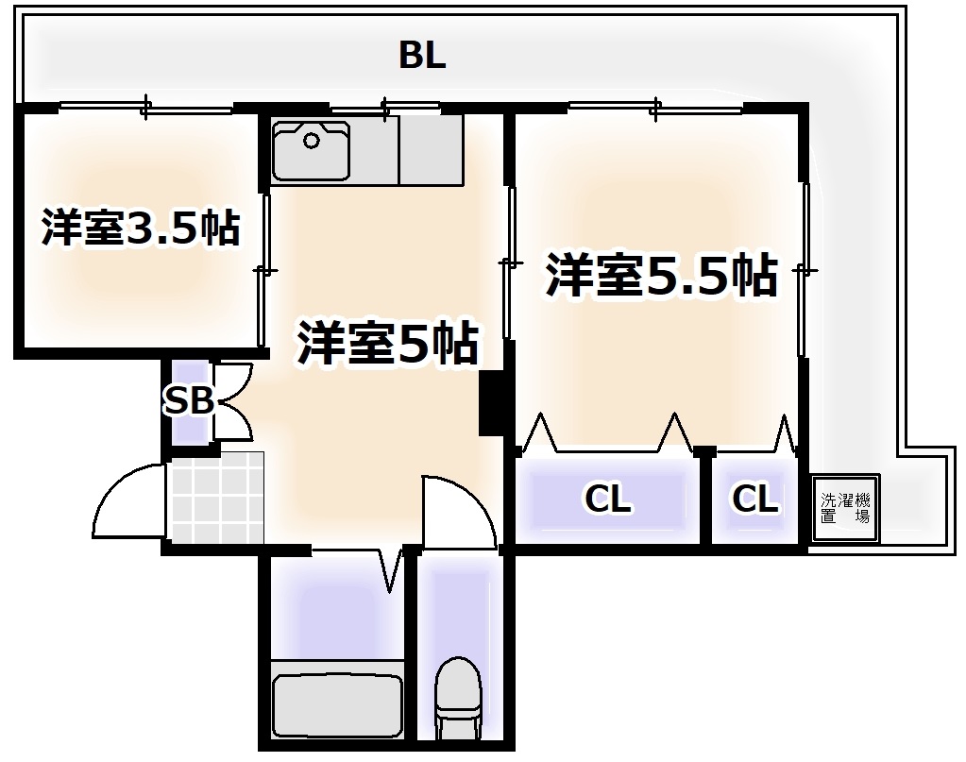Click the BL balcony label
[421, 56]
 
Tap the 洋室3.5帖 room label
[140, 229]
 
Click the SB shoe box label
[189, 401]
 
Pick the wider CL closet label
[607, 499]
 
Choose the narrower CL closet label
[755, 499]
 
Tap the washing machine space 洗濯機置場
[845, 509]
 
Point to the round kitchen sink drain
[311, 141]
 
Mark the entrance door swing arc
[127, 500]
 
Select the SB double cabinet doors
[232, 402]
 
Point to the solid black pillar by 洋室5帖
[490, 403]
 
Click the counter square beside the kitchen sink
[431, 150]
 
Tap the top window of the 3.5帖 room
[146, 109]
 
